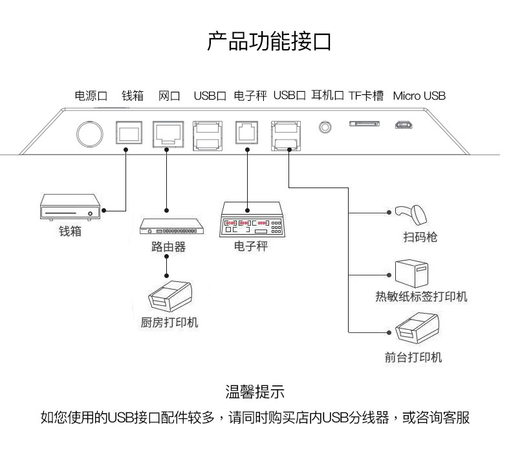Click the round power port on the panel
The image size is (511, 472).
(89, 133)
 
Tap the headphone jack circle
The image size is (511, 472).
(325, 126)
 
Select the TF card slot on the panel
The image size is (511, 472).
(364, 123)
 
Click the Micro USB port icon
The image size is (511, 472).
(405, 125)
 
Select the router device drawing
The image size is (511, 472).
(172, 227)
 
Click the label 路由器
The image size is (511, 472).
(168, 247)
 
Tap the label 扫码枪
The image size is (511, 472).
(420, 237)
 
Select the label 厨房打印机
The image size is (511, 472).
(169, 322)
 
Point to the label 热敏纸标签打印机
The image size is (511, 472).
(421, 297)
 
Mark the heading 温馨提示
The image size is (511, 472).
(255, 392)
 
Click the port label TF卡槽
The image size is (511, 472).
(365, 96)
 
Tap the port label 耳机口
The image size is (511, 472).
(327, 96)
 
